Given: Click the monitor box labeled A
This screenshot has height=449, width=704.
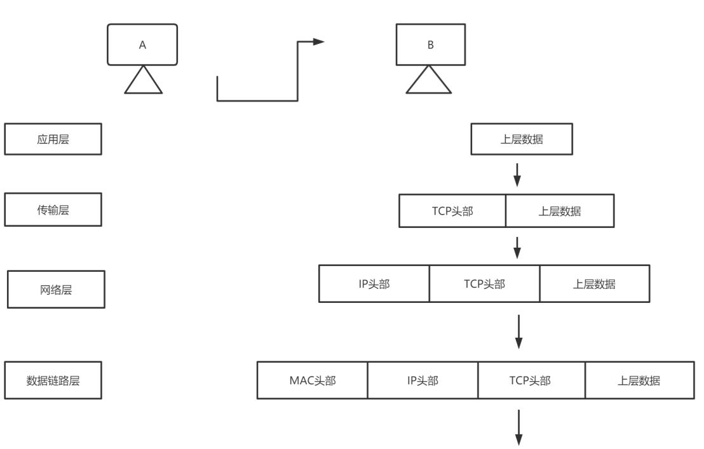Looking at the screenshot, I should pos(142,45).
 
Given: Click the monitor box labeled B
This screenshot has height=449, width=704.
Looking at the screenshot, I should pos(432,45).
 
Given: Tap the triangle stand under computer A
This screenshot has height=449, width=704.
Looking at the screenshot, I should pos(144,81).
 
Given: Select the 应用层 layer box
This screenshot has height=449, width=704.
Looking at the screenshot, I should pos(53,140).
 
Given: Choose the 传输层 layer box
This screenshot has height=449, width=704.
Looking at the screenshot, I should pos(53,210).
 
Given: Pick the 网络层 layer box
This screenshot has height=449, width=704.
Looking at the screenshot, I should pos(57,291).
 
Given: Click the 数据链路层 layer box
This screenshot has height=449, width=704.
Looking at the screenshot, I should pos(53,380).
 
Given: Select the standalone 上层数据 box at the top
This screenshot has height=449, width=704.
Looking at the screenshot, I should pos(522,140).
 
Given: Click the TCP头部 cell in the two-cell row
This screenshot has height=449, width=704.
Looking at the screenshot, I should pos(452,211).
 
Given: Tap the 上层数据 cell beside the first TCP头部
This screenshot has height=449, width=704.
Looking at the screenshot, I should pos(560,211).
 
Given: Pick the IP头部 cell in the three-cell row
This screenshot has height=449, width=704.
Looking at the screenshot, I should pos(374,284).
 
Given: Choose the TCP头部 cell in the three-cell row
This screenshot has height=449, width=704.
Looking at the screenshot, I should pos(484,284).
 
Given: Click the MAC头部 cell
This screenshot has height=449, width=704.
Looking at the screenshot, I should pos(312,380).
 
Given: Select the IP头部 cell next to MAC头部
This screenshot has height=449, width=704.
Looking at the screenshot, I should pos(422,380).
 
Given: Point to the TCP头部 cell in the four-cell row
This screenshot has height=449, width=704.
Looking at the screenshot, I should pos(531,380).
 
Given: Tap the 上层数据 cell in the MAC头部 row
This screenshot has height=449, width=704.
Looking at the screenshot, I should pos(639,380).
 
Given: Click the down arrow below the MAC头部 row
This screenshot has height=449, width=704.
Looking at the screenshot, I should pos(518,429).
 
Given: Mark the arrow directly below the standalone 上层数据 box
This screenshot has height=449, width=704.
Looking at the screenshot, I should pos(517,174).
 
